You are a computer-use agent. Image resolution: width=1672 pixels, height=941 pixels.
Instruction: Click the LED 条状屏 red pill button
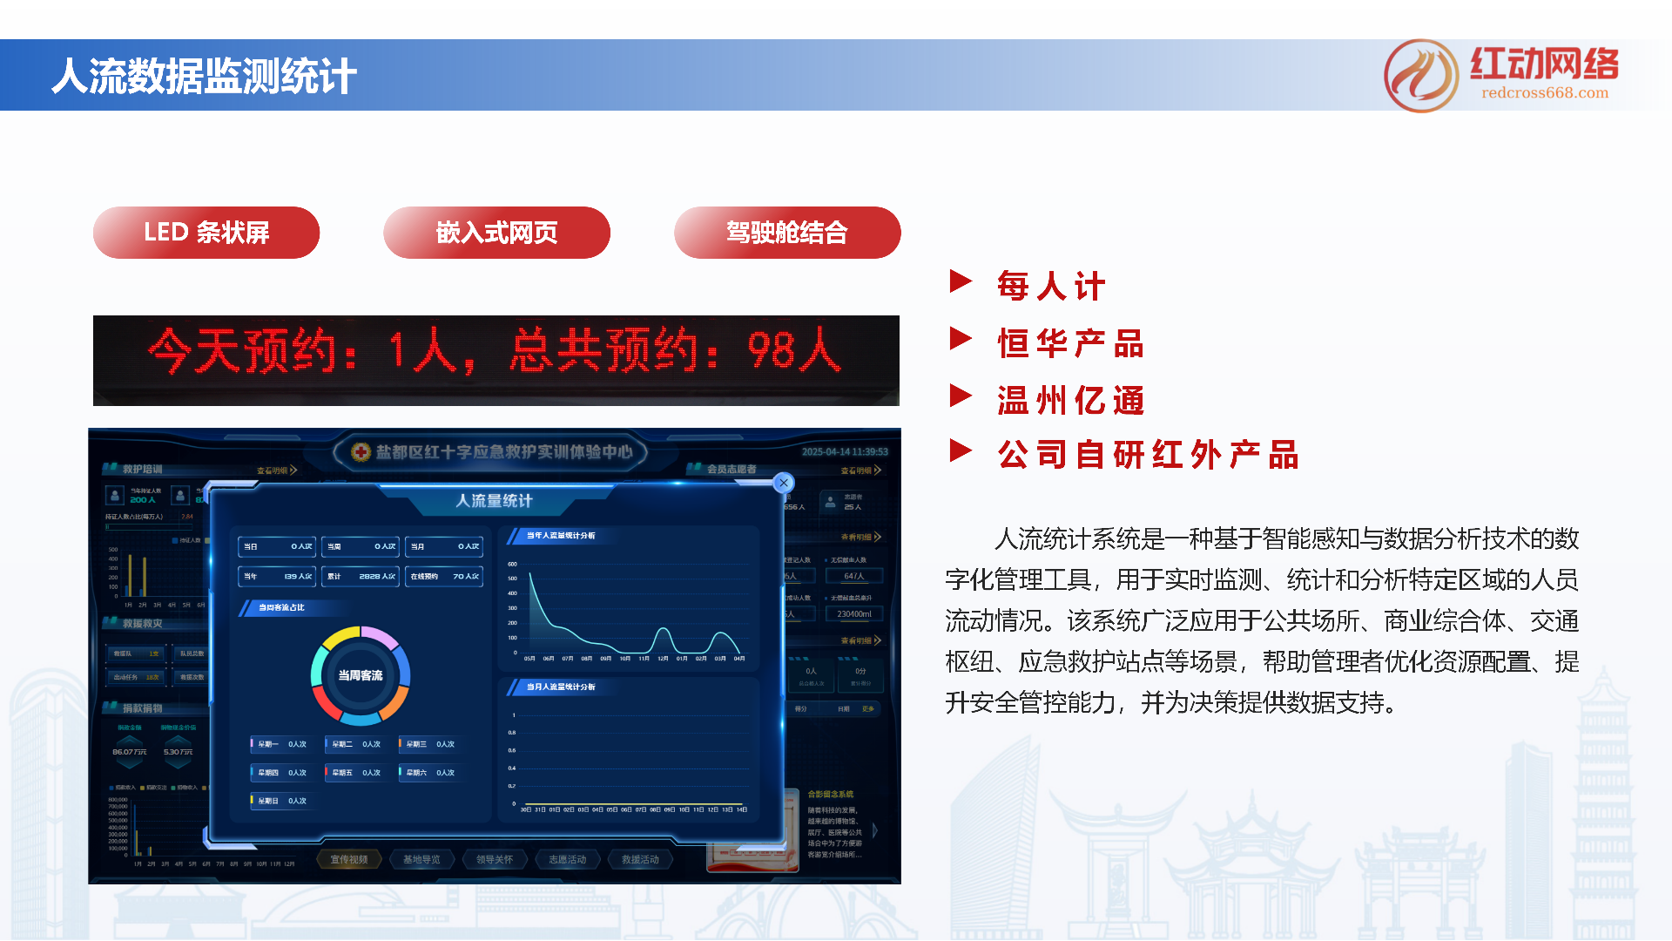click(206, 233)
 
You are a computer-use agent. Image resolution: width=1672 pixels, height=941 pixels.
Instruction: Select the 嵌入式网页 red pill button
click(496, 233)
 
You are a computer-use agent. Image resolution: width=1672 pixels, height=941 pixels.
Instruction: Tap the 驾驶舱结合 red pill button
click(787, 233)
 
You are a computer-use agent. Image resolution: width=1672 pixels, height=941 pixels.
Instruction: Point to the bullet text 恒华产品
click(1070, 343)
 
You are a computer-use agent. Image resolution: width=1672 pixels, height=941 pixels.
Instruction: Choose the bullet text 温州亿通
click(1070, 401)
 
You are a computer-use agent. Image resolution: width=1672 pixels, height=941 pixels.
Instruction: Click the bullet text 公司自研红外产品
click(1148, 455)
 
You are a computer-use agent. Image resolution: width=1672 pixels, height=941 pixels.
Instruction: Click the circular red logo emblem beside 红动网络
click(1421, 76)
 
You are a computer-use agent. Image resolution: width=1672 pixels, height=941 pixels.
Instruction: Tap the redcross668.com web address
click(1545, 93)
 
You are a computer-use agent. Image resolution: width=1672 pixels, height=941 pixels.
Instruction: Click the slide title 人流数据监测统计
click(204, 76)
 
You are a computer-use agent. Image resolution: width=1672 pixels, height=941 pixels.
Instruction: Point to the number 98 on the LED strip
click(772, 350)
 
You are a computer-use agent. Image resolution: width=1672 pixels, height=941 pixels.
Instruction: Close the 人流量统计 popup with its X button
click(784, 483)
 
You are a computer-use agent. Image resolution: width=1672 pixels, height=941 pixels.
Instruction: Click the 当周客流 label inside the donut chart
click(361, 675)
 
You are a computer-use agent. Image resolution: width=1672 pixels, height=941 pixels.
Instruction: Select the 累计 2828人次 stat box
click(361, 576)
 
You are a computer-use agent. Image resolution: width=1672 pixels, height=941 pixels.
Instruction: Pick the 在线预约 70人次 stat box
click(444, 576)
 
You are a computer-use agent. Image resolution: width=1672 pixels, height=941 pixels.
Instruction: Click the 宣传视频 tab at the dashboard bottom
click(349, 859)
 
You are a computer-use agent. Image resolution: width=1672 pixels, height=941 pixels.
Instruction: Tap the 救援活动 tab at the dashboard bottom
click(640, 859)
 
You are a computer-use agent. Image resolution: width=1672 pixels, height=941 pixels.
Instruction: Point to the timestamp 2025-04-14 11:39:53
click(845, 451)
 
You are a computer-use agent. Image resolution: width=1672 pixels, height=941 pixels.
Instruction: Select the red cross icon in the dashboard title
click(361, 451)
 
